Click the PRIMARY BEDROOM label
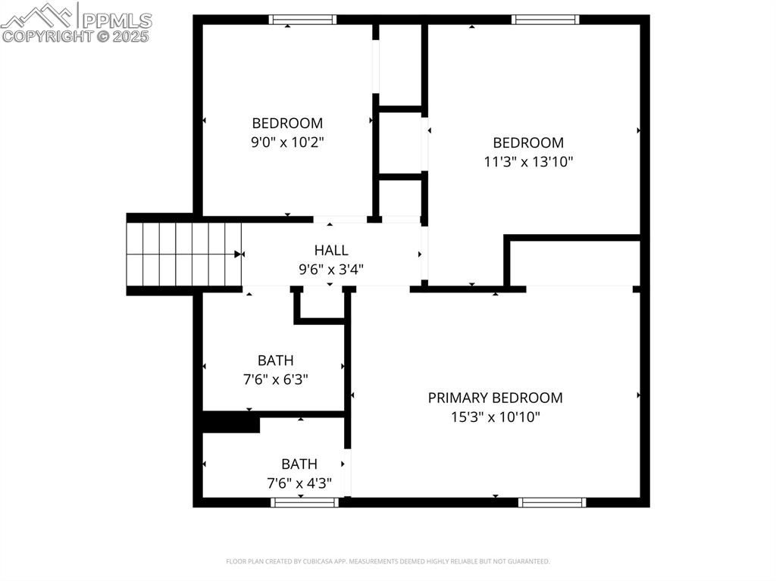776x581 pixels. click(495, 398)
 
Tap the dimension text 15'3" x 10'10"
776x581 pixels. click(495, 417)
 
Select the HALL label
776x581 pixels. click(331, 250)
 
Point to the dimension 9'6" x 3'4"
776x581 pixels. click(331, 268)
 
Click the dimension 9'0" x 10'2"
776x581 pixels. click(287, 142)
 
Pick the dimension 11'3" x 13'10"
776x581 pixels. click(528, 161)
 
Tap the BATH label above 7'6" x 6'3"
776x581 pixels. click(275, 361)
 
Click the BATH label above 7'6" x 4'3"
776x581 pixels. click(299, 464)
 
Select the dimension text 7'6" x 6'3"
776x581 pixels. click(275, 380)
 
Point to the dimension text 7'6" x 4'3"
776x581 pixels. click(299, 483)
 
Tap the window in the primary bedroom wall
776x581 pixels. click(552, 501)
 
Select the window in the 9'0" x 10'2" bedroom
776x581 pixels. click(303, 20)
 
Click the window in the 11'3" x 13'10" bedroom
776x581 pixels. click(545, 20)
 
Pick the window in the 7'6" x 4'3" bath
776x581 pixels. click(304, 501)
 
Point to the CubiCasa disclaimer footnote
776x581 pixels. click(387, 561)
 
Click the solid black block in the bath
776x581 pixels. click(231, 423)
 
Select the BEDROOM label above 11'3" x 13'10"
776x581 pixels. click(528, 142)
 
